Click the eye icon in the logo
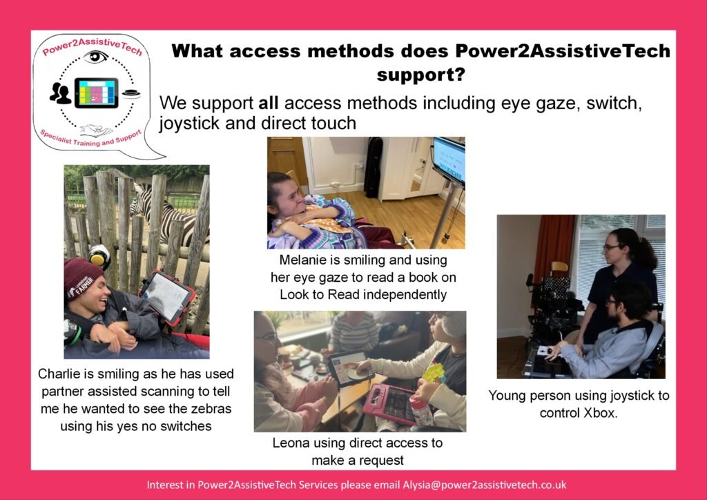[x=95, y=57]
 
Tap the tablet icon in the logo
[x=97, y=93]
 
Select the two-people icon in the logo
[x=60, y=93]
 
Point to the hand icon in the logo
[x=96, y=131]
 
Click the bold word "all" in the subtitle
[x=268, y=104]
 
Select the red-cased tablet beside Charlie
[x=167, y=297]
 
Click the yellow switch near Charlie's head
[x=99, y=256]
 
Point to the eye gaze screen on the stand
[x=449, y=160]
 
